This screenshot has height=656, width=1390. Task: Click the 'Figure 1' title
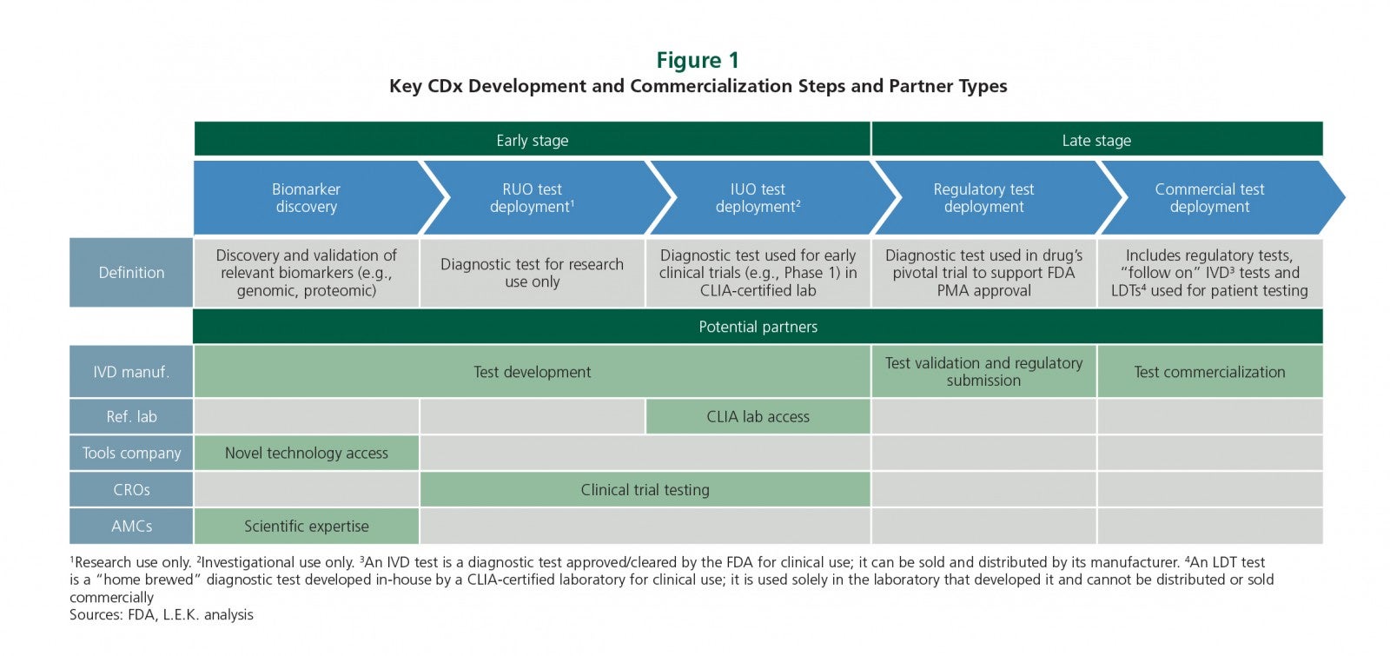pos(698,60)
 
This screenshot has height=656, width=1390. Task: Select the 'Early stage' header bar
pos(532,139)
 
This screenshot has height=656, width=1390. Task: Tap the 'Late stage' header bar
pos(1097,139)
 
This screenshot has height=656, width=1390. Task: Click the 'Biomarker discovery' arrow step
pos(310,197)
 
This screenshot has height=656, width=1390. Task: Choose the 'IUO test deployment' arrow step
pos(764,197)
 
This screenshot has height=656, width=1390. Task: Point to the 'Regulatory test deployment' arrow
pos(990,197)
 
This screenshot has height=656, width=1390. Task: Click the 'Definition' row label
pos(131,273)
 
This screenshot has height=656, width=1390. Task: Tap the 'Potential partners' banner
pos(758,327)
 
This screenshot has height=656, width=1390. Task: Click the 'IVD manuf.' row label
pos(131,372)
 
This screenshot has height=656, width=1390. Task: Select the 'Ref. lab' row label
pos(131,416)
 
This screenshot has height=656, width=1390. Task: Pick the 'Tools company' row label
pos(131,453)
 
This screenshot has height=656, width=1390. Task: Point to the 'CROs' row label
pos(131,490)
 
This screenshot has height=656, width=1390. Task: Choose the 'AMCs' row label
pos(131,527)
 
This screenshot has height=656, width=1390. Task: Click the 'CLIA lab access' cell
pos(758,416)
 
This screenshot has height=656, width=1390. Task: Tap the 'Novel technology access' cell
pos(307,453)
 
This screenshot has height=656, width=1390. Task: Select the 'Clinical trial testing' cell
pos(645,490)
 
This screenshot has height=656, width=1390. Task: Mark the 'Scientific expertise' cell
pos(307,527)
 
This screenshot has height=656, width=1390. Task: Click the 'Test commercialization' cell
pos(1210,372)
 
